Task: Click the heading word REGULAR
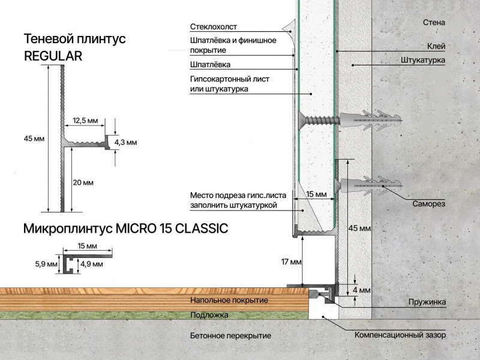pyautogui.click(x=53, y=56)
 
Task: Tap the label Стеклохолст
pyautogui.click(x=214, y=27)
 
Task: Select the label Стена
pyautogui.click(x=434, y=22)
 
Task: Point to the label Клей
pyautogui.click(x=436, y=46)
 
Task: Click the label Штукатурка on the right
pyautogui.click(x=423, y=60)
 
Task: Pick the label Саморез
pyautogui.click(x=428, y=204)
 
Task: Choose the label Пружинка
pyautogui.click(x=427, y=302)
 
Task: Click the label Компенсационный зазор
pyautogui.click(x=400, y=335)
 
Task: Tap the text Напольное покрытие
pyautogui.click(x=229, y=301)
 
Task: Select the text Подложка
pyautogui.click(x=209, y=314)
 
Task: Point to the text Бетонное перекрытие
pyautogui.click(x=230, y=336)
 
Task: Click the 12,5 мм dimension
pyautogui.click(x=85, y=121)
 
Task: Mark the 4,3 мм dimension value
pyautogui.click(x=125, y=142)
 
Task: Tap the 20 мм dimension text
pyautogui.click(x=83, y=183)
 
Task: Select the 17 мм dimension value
pyautogui.click(x=291, y=262)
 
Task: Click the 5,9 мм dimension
pyautogui.click(x=46, y=264)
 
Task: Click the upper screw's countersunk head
pyautogui.click(x=302, y=119)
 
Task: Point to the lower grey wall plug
pyautogui.click(x=370, y=185)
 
